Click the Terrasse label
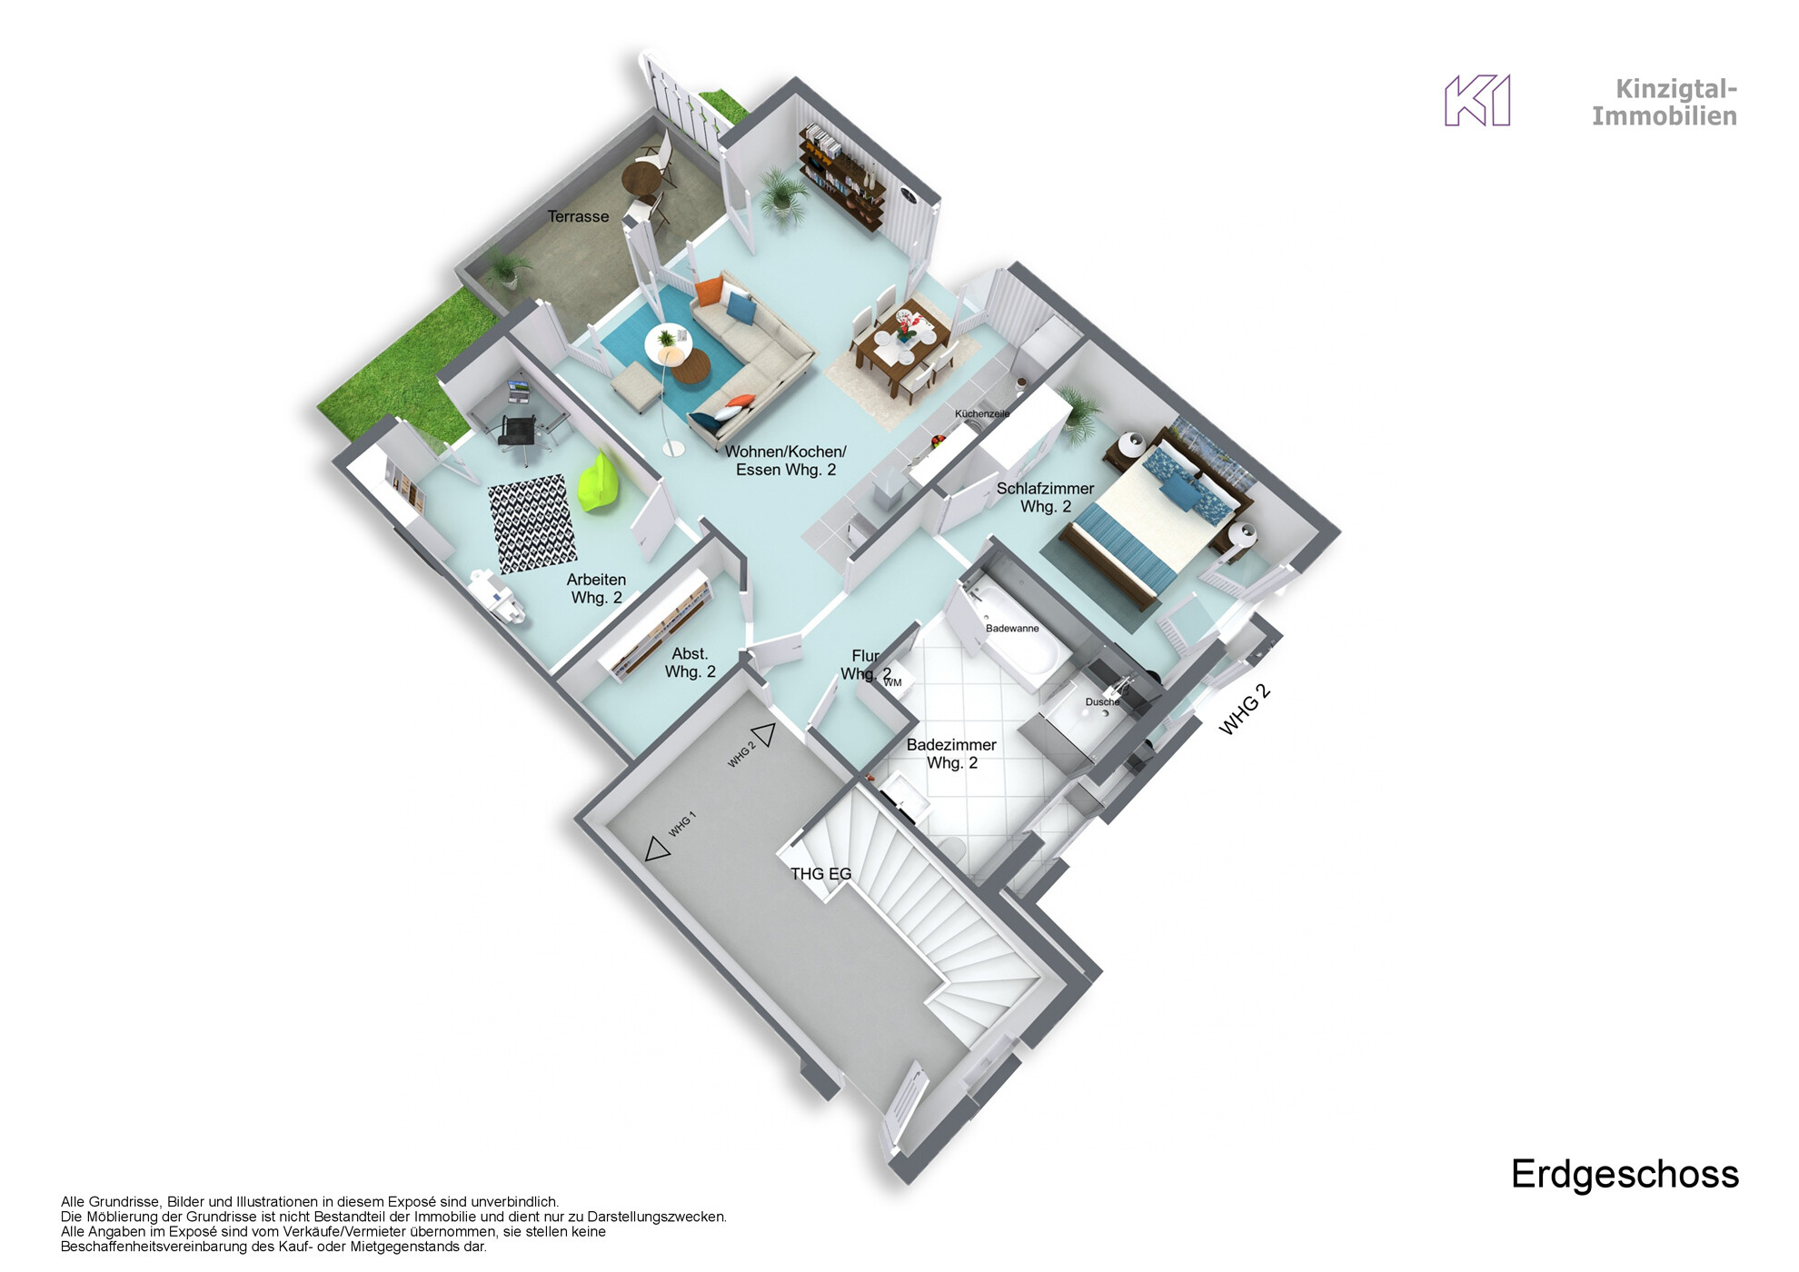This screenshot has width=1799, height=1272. pyautogui.click(x=578, y=216)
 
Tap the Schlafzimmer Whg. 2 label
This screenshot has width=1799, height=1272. pyautogui.click(x=1045, y=497)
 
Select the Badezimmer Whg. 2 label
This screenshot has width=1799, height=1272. pyautogui.click(x=951, y=753)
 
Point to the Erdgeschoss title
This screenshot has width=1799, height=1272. pyautogui.click(x=1624, y=1174)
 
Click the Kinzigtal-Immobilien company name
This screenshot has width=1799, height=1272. pyautogui.click(x=1664, y=103)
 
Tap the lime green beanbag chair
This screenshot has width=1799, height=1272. pyautogui.click(x=601, y=482)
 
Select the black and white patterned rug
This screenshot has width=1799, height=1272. pyautogui.click(x=532, y=523)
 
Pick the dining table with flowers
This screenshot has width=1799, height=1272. pyautogui.click(x=902, y=349)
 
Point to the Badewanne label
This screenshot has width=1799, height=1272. pyautogui.click(x=1011, y=629)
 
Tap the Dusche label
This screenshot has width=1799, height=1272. pyautogui.click(x=1102, y=702)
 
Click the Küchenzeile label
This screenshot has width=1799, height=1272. pyautogui.click(x=981, y=414)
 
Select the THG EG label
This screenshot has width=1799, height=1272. pyautogui.click(x=820, y=874)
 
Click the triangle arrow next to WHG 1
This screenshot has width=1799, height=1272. pyautogui.click(x=657, y=850)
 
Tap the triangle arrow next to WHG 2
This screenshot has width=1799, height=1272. pyautogui.click(x=763, y=734)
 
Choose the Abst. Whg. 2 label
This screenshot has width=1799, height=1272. pyautogui.click(x=690, y=662)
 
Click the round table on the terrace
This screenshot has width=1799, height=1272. pyautogui.click(x=641, y=176)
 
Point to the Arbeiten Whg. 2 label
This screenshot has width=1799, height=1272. pyautogui.click(x=596, y=588)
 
